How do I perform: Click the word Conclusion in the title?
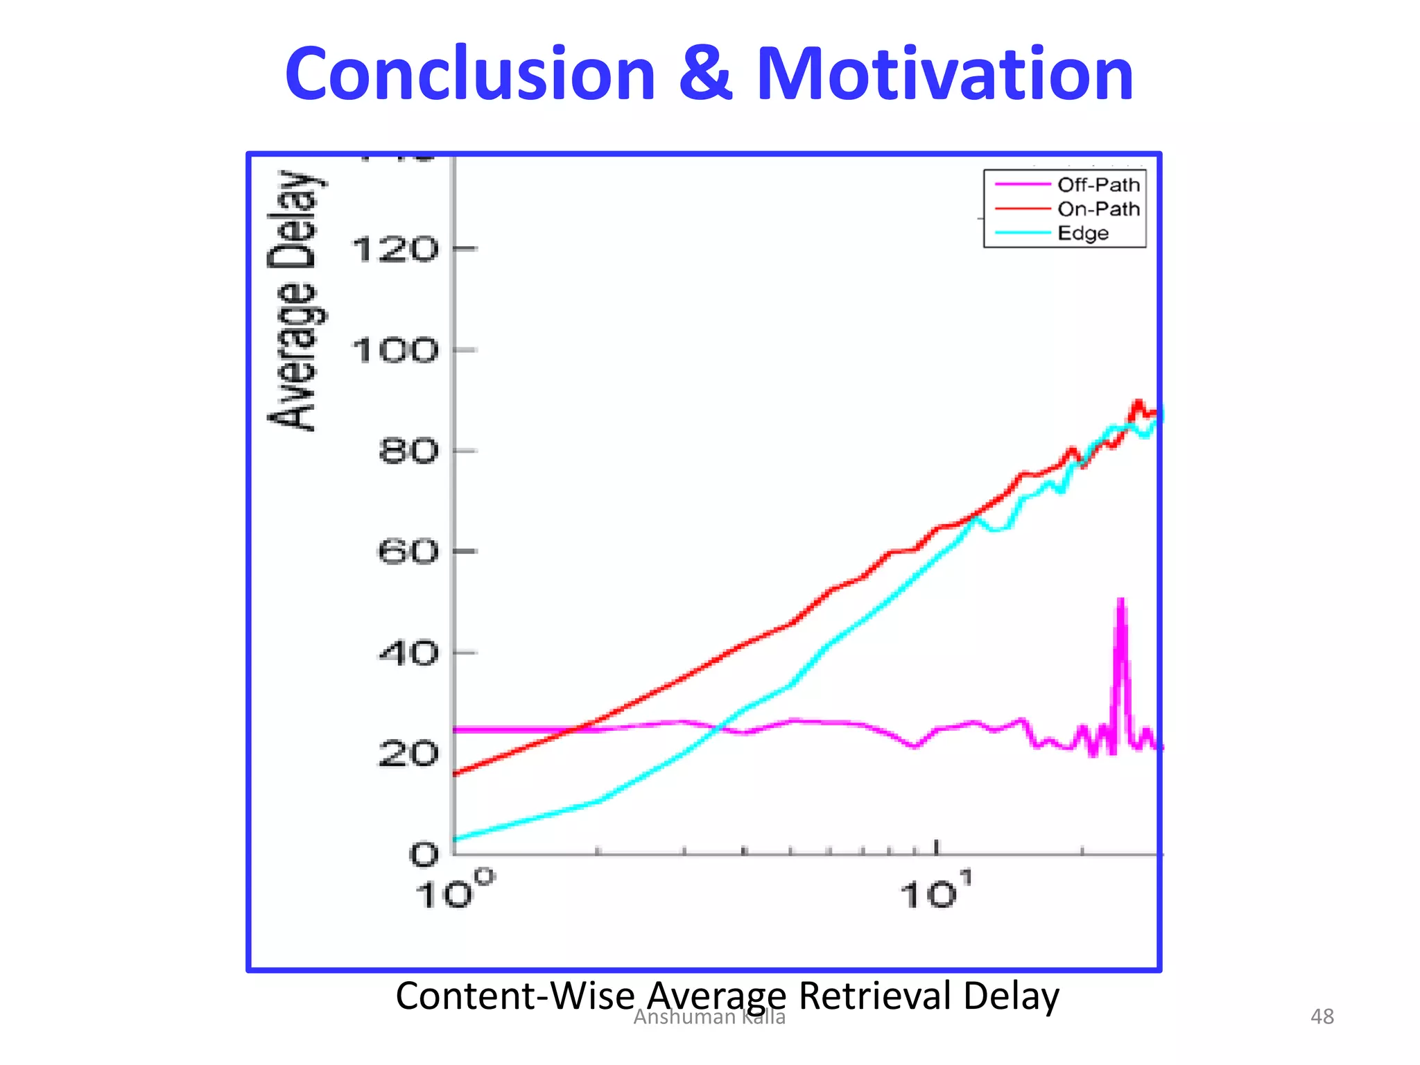coord(470,74)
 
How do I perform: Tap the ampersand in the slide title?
coord(705,74)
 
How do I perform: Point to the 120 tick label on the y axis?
coord(395,250)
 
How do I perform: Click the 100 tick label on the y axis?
coord(395,351)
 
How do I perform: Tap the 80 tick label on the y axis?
coord(408,451)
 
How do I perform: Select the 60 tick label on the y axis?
coord(408,553)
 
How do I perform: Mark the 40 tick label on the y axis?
coord(408,653)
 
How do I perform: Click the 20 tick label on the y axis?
coord(408,754)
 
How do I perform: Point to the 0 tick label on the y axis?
coord(424,855)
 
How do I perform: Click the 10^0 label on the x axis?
coord(454,890)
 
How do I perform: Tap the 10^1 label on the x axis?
coord(936,890)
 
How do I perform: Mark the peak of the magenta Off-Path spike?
coord(1120,600)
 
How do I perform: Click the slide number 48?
coord(1322,1016)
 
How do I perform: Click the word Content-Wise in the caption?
coord(515,996)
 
